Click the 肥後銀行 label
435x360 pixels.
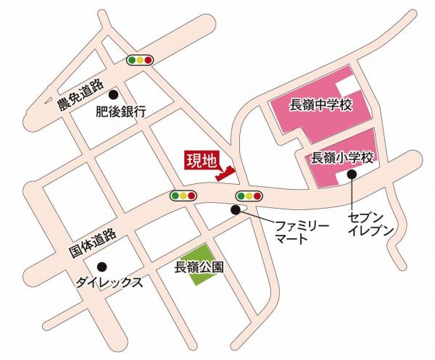click(121, 112)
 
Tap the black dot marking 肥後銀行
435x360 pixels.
click(112, 93)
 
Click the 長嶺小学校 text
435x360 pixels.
click(341, 157)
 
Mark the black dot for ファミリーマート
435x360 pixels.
click(235, 210)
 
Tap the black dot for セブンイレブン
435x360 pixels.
click(352, 175)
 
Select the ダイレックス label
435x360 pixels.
click(109, 282)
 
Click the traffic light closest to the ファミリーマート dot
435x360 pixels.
click(249, 196)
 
